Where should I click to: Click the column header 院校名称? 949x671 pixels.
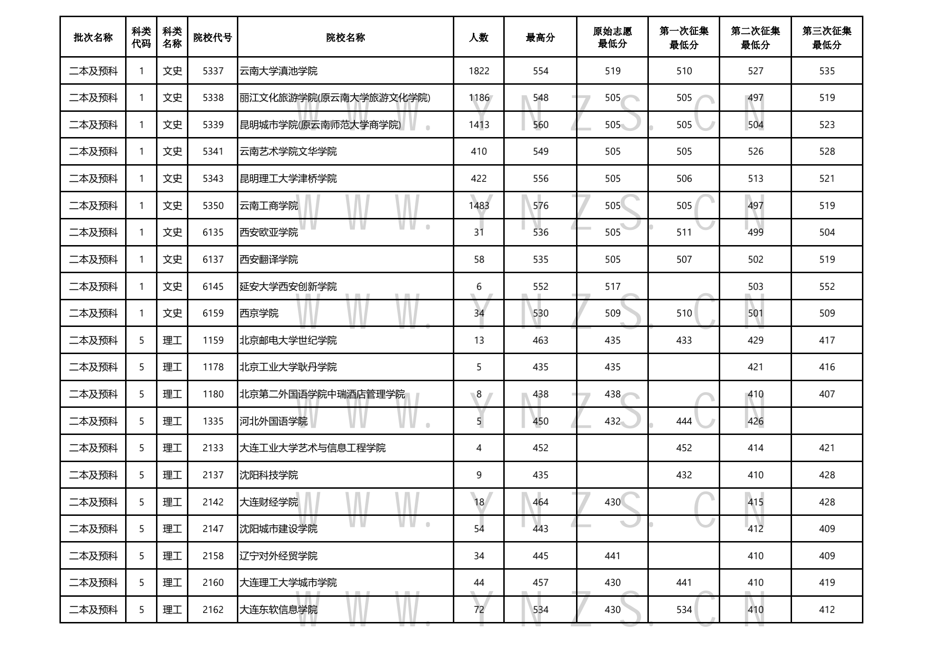(345, 38)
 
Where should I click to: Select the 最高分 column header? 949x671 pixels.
(540, 38)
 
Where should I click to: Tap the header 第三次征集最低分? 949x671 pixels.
(826, 38)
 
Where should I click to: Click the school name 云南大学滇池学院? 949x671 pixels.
(278, 71)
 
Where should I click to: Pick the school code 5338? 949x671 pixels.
(213, 98)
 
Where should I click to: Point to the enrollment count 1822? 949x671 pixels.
(479, 71)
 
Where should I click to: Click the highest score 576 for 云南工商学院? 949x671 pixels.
(540, 206)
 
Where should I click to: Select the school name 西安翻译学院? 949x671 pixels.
(269, 259)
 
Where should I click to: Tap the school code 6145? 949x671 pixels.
(213, 286)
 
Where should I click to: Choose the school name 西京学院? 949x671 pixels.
(259, 313)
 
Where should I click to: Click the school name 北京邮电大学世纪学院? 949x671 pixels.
(288, 340)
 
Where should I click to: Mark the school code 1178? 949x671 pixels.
(213, 367)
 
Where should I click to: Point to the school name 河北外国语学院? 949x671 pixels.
(274, 421)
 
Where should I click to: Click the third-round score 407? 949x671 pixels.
(827, 394)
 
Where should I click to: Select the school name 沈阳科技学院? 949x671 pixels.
(269, 475)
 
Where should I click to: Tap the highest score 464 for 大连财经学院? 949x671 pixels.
(540, 502)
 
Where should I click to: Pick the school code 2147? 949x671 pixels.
(213, 529)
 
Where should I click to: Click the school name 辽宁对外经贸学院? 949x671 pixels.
(278, 556)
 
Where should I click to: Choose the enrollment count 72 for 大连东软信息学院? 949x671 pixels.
(479, 610)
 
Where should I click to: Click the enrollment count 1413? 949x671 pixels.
(479, 125)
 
